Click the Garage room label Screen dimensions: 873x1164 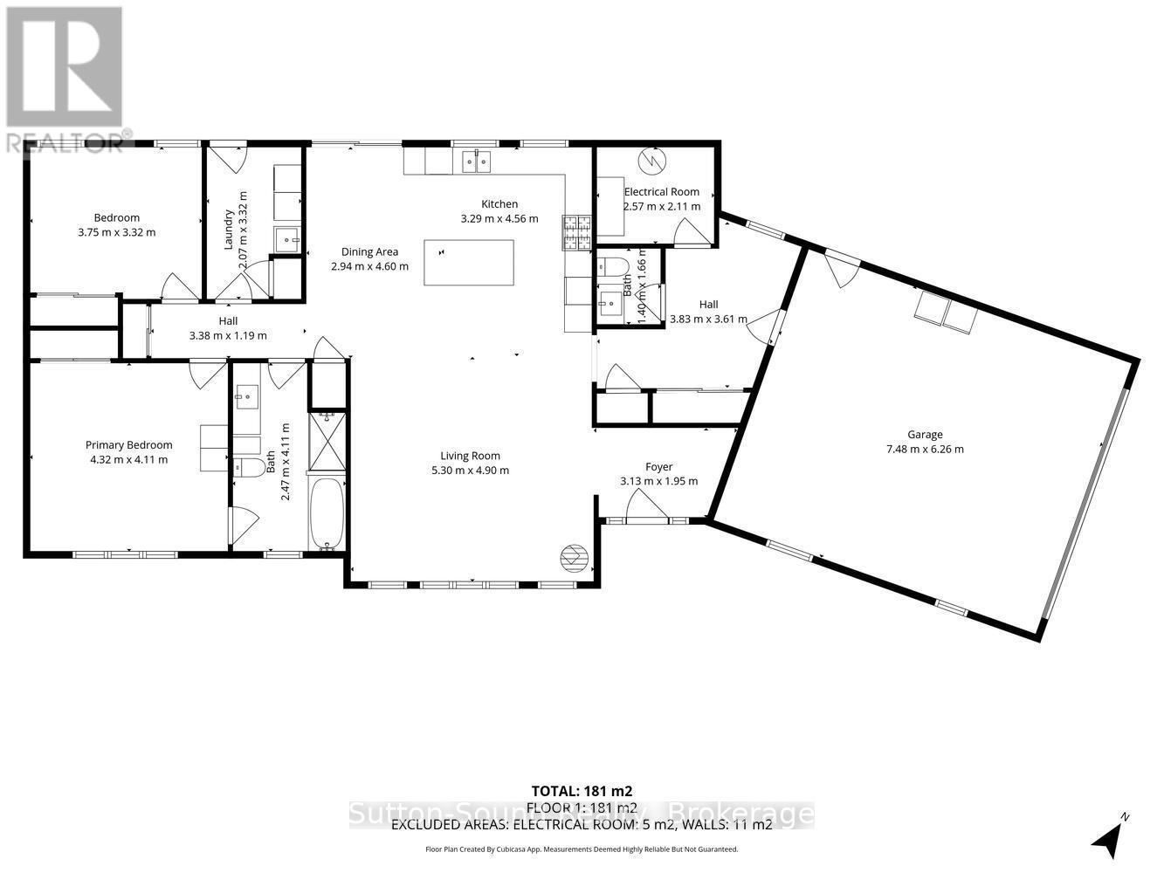925,434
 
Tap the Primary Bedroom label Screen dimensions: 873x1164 128,444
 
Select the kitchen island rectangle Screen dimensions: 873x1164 468,262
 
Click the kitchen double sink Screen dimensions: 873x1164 477,162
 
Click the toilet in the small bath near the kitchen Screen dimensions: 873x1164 616,265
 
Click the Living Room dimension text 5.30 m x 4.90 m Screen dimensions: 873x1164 470,470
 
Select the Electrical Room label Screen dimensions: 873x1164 661,191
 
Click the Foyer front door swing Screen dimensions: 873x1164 644,504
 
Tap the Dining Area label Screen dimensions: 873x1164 369,251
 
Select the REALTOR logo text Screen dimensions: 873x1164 66,141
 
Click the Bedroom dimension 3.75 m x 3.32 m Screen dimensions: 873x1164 116,232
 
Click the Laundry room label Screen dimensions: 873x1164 229,229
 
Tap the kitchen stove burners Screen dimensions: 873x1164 577,231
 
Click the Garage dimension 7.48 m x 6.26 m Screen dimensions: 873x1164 925,449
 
